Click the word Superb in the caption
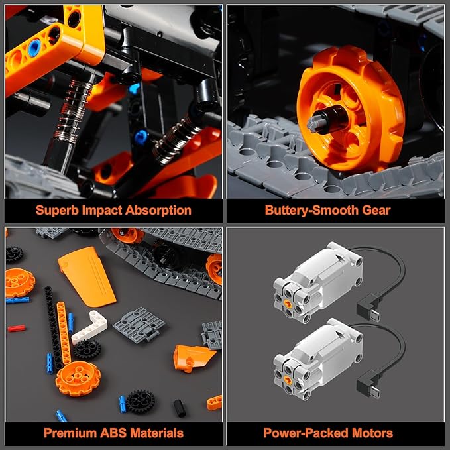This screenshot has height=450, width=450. pyautogui.click(x=57, y=210)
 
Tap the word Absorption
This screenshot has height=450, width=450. pyautogui.click(x=158, y=210)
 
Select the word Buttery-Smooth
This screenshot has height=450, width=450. pyautogui.click(x=311, y=210)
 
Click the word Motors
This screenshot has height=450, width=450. pyautogui.click(x=372, y=433)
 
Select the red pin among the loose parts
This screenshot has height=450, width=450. pyautogui.click(x=17, y=328)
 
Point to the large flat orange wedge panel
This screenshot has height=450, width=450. pyautogui.click(x=87, y=276)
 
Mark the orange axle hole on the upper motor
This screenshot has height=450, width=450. pyautogui.click(x=288, y=304)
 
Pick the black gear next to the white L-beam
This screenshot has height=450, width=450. pyautogui.click(x=86, y=350)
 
